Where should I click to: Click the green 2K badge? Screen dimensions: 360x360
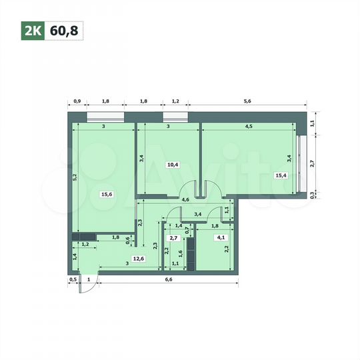click(31, 29)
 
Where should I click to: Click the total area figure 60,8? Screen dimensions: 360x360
click(63, 29)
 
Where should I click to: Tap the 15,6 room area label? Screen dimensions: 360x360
click(107, 195)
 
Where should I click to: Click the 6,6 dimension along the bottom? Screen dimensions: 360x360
click(168, 280)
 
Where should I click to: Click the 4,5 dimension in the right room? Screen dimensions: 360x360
click(248, 126)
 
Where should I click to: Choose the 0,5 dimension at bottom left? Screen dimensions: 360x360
click(72, 280)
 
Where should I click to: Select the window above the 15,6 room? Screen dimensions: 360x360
click(106, 118)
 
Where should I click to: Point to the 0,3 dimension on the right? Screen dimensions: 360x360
click(313, 195)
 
